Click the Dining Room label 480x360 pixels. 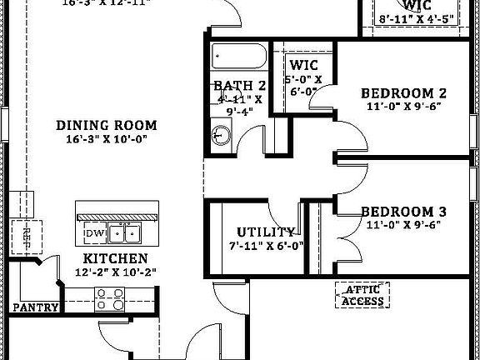click(107, 126)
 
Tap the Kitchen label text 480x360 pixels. click(116, 259)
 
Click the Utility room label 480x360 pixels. click(266, 232)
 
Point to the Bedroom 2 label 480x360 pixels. click(409, 93)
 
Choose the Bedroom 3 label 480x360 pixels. click(409, 212)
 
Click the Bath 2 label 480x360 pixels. click(239, 86)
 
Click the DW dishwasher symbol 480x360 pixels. click(92, 232)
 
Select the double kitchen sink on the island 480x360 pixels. click(127, 232)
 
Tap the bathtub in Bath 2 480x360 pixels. click(238, 57)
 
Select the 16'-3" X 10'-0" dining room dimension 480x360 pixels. click(107, 140)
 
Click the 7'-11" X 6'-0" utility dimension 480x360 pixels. click(265, 246)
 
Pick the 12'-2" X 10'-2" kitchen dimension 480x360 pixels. click(116, 272)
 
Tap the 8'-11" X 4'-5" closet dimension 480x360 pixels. click(417, 17)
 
